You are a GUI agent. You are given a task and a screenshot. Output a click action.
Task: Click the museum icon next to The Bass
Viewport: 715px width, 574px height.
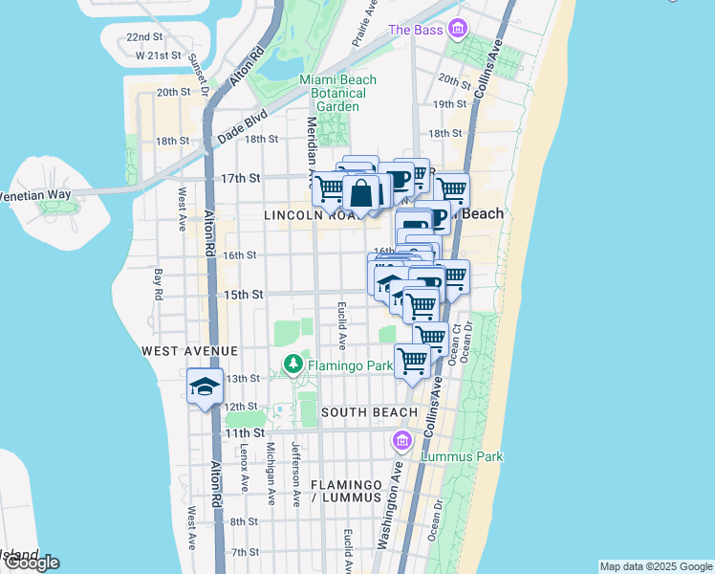[x=457, y=30]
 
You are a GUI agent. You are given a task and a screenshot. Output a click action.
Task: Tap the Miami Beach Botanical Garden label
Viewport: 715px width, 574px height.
[x=337, y=93]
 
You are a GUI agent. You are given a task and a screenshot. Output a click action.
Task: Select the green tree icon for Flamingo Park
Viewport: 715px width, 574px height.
[x=292, y=364]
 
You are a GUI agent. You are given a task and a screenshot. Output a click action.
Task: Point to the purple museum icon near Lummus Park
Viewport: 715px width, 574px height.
[x=402, y=440]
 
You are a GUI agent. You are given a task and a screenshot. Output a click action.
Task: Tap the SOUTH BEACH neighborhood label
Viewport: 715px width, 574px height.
[x=369, y=412]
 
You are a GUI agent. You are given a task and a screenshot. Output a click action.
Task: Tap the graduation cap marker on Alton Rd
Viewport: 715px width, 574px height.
[x=205, y=386]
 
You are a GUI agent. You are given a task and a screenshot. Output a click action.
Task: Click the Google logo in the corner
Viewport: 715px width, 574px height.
[x=31, y=562]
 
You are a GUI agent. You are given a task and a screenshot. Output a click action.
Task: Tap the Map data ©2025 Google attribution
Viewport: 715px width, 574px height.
[x=655, y=566]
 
